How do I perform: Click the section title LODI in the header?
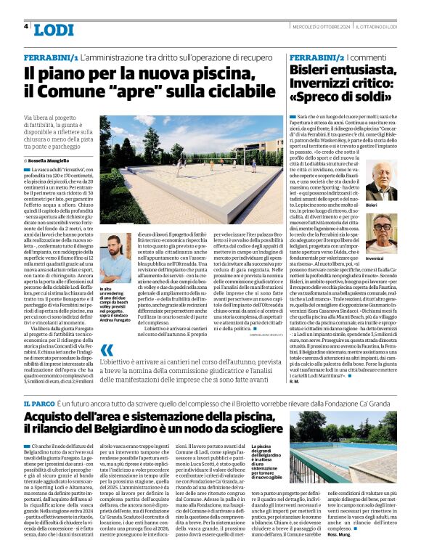(x=53, y=30)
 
